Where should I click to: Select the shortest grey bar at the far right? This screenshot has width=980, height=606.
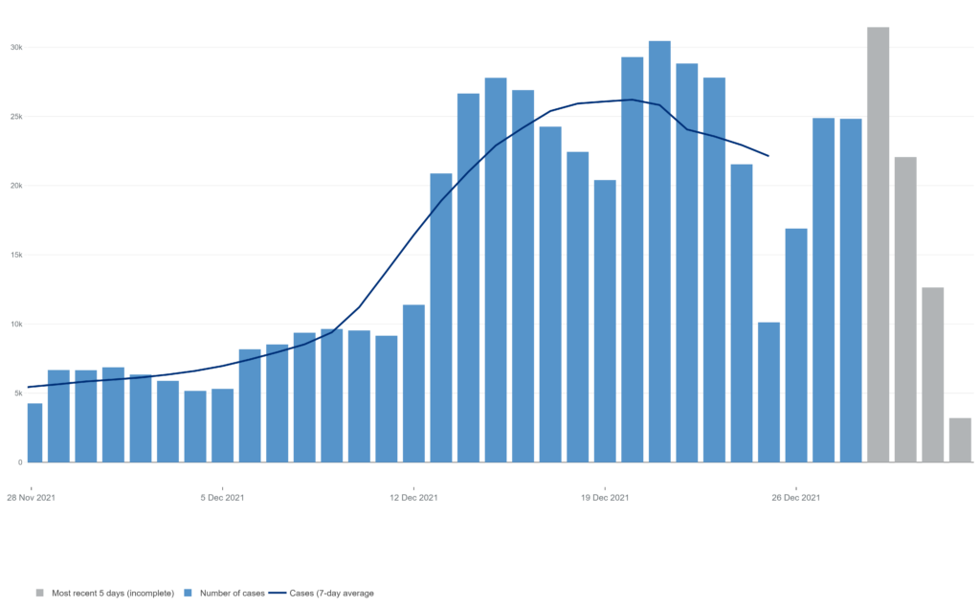coord(960,439)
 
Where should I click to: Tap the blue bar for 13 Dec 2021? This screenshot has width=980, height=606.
coord(413,383)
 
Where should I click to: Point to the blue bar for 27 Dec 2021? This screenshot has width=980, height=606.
coord(796,345)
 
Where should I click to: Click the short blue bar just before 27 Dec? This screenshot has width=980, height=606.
coord(768,392)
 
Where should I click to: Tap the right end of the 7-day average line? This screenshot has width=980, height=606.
coord(768,156)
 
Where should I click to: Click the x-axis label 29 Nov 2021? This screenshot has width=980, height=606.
coord(32,498)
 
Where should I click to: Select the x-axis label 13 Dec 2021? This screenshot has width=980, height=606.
coord(413,498)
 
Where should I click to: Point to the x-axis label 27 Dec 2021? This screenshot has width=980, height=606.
coord(796,498)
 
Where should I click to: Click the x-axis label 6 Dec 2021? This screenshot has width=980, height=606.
coord(222,498)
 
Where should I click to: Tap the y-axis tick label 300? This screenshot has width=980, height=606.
coord(16,47)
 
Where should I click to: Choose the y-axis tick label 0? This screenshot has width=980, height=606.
coord(20,462)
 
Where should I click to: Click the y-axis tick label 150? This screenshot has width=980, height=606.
coord(16,255)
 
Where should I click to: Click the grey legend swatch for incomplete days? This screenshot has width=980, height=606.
coord(40,593)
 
